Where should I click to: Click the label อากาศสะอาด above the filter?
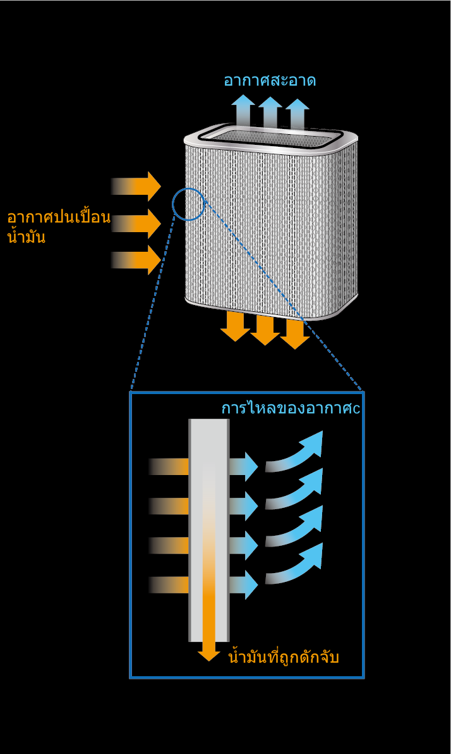coord(270,80)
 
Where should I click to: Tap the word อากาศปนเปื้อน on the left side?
coord(59,218)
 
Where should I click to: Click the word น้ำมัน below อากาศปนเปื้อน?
coord(27,237)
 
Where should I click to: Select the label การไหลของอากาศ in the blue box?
coord(287,408)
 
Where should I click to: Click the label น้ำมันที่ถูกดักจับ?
coord(284,657)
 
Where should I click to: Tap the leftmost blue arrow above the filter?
coord(243,111)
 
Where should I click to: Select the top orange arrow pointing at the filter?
coord(136,186)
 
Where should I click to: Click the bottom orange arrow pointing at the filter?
coord(136,260)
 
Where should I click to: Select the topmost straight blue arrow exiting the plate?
coord(243,466)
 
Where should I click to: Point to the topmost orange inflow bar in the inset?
coord(169,466)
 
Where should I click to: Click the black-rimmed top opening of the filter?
coord(271,136)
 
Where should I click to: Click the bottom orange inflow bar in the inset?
coord(169,584)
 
